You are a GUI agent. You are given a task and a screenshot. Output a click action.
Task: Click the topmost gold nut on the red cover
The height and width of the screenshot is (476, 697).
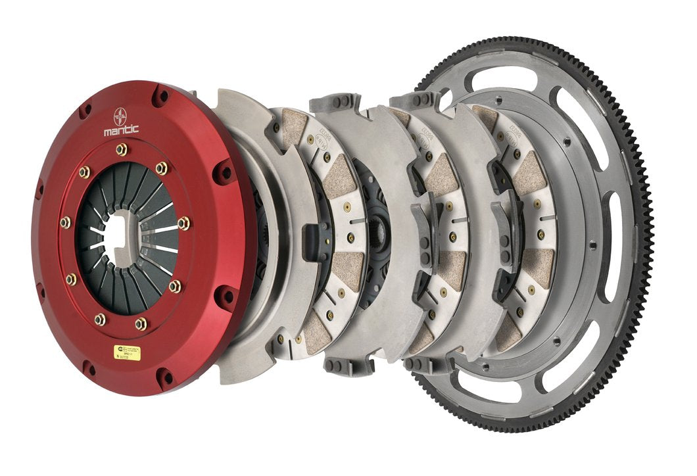click(121, 150)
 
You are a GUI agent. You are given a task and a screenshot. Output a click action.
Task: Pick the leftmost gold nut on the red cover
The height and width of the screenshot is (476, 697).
click(65, 222)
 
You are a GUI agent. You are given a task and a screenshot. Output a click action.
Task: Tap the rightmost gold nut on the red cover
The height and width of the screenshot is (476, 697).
click(183, 223)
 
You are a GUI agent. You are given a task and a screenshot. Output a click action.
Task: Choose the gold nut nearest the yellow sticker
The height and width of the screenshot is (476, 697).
click(141, 323)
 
